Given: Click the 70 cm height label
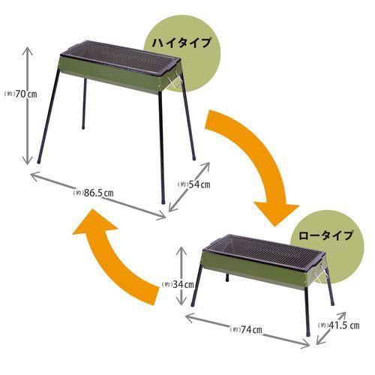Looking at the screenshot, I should pos(16,93).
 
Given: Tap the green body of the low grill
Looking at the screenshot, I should pos(255,273).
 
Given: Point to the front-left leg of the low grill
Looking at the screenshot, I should pos(195,292).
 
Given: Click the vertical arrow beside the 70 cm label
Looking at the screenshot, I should pos(30,105).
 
